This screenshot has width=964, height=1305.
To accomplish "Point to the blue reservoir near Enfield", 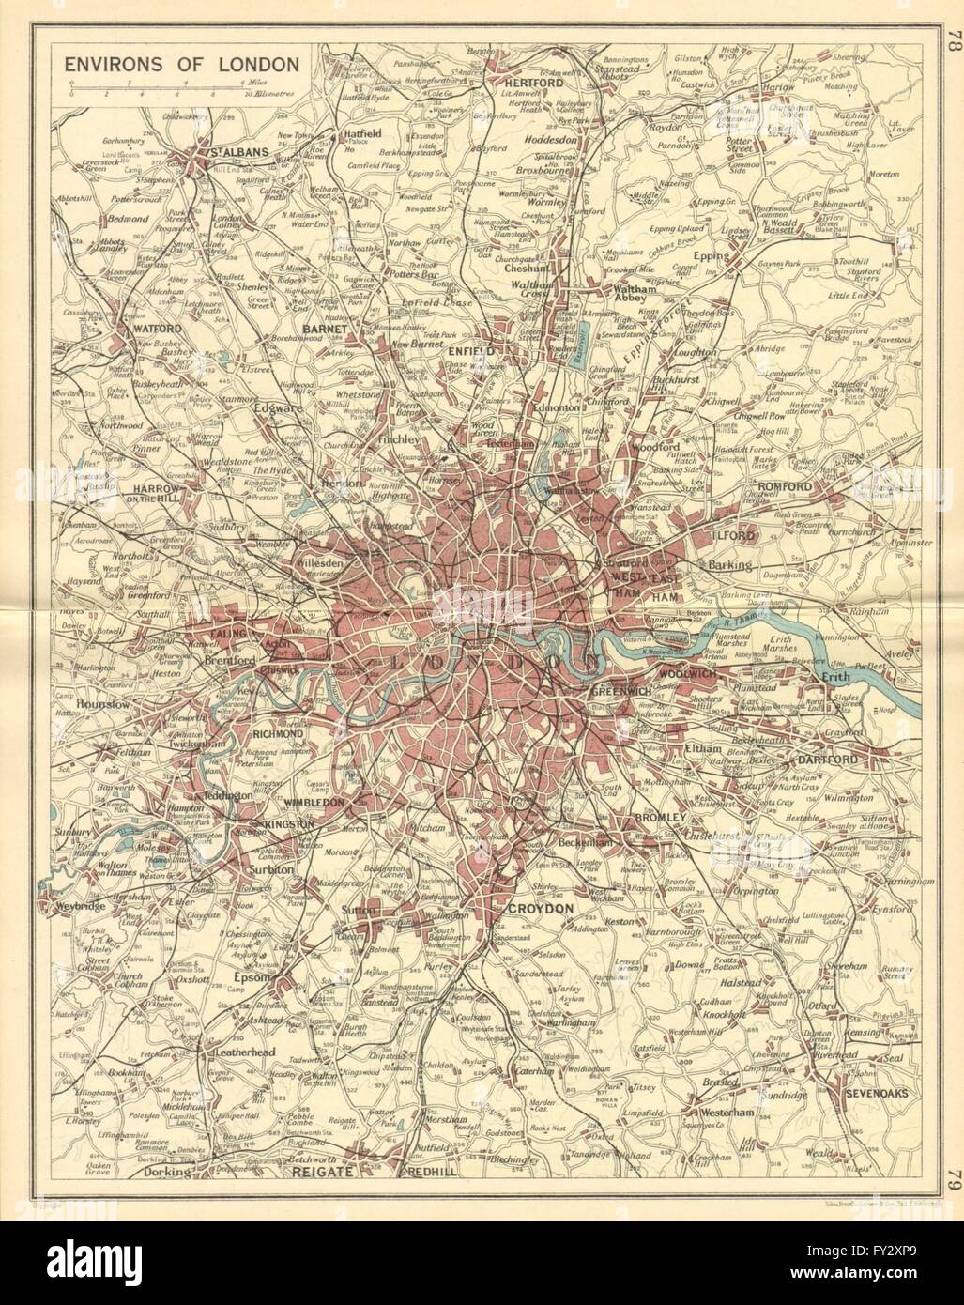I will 584,342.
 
